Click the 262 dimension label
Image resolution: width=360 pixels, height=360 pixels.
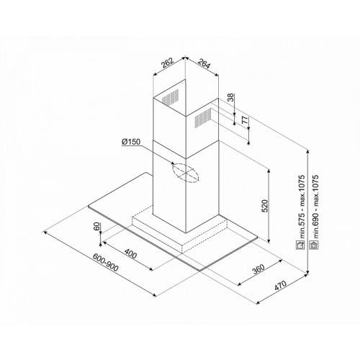(x=167, y=63)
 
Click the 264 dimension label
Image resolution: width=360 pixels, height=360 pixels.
(x=204, y=63)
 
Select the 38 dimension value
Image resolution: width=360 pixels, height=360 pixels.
(x=230, y=97)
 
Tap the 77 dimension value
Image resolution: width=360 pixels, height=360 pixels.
(x=245, y=120)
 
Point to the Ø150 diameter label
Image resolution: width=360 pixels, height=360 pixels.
(x=131, y=142)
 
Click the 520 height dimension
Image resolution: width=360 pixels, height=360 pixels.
(x=264, y=206)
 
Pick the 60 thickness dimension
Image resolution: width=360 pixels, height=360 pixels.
(x=96, y=227)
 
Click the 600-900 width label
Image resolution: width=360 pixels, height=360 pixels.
(x=106, y=263)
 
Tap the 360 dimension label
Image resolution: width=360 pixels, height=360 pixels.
(x=258, y=269)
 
